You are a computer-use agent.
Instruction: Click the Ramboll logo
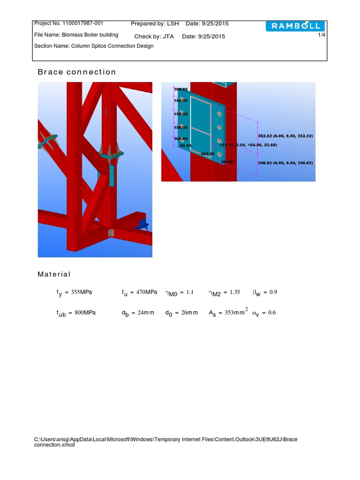pyautogui.click(x=295, y=26)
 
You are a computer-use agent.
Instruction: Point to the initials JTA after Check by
pyautogui.click(x=168, y=37)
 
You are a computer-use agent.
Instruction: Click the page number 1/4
pyautogui.click(x=322, y=35)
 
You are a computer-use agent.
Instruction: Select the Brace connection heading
pyautogui.click(x=76, y=72)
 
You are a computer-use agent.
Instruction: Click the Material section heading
pyautogui.click(x=54, y=274)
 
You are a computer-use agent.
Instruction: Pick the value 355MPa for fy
pyautogui.click(x=82, y=292)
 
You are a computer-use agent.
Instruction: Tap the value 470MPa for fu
pyautogui.click(x=147, y=292)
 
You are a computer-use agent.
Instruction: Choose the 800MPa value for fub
pyautogui.click(x=85, y=312)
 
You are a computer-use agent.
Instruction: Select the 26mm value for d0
pyautogui.click(x=189, y=313)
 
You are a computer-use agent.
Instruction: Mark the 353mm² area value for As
pyautogui.click(x=236, y=312)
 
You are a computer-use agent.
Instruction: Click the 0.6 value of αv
pyautogui.click(x=271, y=313)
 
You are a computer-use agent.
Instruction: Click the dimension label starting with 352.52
pyautogui.click(x=285, y=135)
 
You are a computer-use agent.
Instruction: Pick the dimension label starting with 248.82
pyautogui.click(x=285, y=163)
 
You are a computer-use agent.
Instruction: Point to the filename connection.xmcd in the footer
pyautogui.click(x=54, y=445)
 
